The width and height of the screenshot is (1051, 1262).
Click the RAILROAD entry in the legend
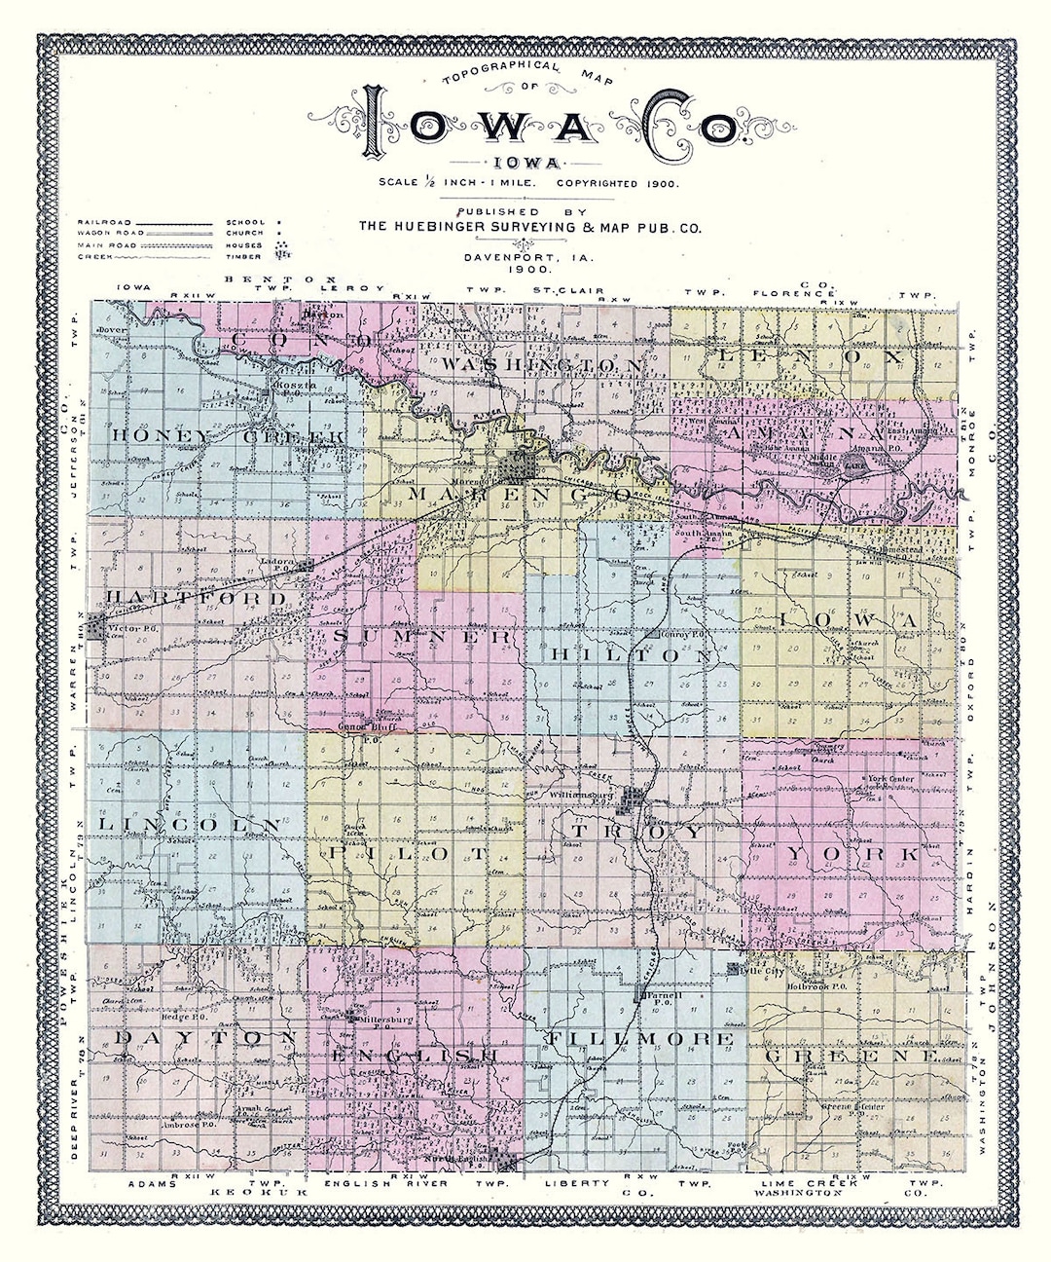(x=103, y=223)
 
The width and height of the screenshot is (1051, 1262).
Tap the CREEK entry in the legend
(x=92, y=256)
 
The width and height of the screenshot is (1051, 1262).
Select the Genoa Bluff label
(x=356, y=727)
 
